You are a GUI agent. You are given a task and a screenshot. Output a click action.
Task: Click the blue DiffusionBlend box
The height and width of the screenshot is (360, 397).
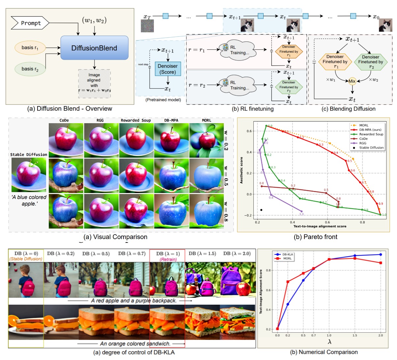94,48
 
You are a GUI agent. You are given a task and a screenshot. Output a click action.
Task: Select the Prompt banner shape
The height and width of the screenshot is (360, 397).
30,23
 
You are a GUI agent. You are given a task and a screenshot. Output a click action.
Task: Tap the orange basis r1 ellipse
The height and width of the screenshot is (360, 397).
30,48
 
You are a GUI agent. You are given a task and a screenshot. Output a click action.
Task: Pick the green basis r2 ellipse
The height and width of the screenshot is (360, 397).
30,69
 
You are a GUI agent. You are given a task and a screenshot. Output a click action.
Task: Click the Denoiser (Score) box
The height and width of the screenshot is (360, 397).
168,69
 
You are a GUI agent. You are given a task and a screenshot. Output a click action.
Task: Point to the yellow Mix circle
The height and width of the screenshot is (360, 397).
352,81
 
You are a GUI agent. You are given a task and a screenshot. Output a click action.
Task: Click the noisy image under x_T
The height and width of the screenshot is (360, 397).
147,26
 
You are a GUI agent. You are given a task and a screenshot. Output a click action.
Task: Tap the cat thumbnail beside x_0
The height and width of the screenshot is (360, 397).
385,25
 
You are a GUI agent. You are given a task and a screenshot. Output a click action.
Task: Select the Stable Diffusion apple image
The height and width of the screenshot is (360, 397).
29,175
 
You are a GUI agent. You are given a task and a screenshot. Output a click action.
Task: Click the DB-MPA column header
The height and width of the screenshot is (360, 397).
171,120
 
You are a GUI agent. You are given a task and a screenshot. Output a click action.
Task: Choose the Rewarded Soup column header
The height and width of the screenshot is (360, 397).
136,120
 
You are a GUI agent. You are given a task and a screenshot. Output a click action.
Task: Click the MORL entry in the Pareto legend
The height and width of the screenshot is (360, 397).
364,125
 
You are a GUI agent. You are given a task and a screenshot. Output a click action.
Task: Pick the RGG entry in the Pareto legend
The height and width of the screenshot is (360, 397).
363,143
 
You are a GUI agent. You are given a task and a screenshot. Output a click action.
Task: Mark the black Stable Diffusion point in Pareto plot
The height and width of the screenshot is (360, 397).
261,210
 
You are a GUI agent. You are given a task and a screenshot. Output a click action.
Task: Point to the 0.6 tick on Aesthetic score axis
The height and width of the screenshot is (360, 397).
249,131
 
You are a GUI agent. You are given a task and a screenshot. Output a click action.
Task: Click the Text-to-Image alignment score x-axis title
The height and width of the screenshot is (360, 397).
320,226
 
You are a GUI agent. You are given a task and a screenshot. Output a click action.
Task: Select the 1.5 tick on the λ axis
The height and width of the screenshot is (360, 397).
354,335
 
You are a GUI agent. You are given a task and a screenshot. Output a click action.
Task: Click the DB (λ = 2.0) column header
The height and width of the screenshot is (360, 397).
237,253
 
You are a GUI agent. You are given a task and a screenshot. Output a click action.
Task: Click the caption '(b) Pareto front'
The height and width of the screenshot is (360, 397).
315,237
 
